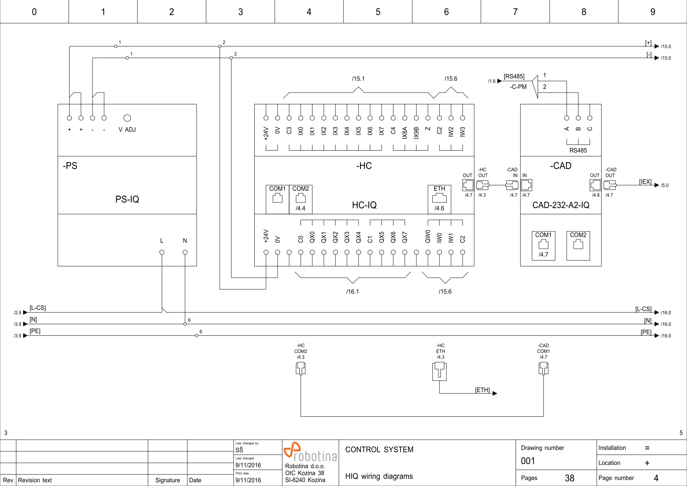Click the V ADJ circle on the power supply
click(127, 118)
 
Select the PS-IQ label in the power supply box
click(127, 200)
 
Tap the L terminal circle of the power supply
click(162, 252)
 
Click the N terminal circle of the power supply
click(185, 252)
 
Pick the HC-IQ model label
click(364, 205)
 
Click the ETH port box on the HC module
click(439, 199)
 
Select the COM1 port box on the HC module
click(277, 199)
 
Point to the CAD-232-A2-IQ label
click(561, 205)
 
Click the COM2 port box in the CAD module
click(578, 245)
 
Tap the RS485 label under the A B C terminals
click(578, 150)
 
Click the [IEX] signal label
click(645, 182)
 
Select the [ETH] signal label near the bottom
click(482, 390)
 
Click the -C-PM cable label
click(518, 87)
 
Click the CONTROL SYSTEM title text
click(379, 450)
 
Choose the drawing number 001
click(528, 461)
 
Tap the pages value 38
click(570, 478)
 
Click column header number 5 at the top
click(378, 12)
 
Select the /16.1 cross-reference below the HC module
click(352, 292)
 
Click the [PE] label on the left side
click(35, 331)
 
